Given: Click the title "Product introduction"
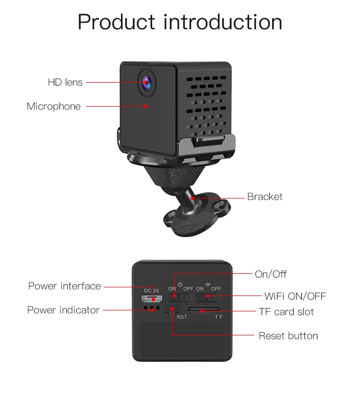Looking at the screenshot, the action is pyautogui.click(x=180, y=22).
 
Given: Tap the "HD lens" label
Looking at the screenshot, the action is pyautogui.click(x=65, y=82).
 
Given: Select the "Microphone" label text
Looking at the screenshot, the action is pyautogui.click(x=54, y=106).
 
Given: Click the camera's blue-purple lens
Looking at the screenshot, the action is pyautogui.click(x=146, y=82).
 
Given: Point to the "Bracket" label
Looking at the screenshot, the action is pyautogui.click(x=264, y=197).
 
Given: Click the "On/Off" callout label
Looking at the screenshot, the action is pyautogui.click(x=271, y=274).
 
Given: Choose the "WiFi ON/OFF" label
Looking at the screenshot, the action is pyautogui.click(x=295, y=296).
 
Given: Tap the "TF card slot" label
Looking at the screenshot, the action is pyautogui.click(x=286, y=312).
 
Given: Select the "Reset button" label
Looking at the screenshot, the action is pyautogui.click(x=288, y=336).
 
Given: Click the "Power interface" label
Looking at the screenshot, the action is pyautogui.click(x=64, y=286).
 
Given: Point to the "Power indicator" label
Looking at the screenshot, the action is pyautogui.click(x=63, y=310).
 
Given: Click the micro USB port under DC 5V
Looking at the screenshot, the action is pyautogui.click(x=152, y=299).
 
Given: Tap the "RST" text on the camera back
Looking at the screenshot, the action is pyautogui.click(x=182, y=317).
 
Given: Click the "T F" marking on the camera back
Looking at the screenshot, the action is pyautogui.click(x=218, y=317).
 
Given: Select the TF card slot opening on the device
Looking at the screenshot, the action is pyautogui.click(x=204, y=309).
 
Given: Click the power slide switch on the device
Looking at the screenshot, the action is pyautogui.click(x=179, y=298).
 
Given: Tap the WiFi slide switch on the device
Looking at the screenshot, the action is pyautogui.click(x=206, y=298).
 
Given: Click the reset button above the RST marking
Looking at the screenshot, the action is pyautogui.click(x=172, y=309).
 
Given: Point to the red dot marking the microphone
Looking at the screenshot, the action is pyautogui.click(x=146, y=107).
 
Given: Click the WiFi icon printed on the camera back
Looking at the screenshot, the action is pyautogui.click(x=208, y=285).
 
